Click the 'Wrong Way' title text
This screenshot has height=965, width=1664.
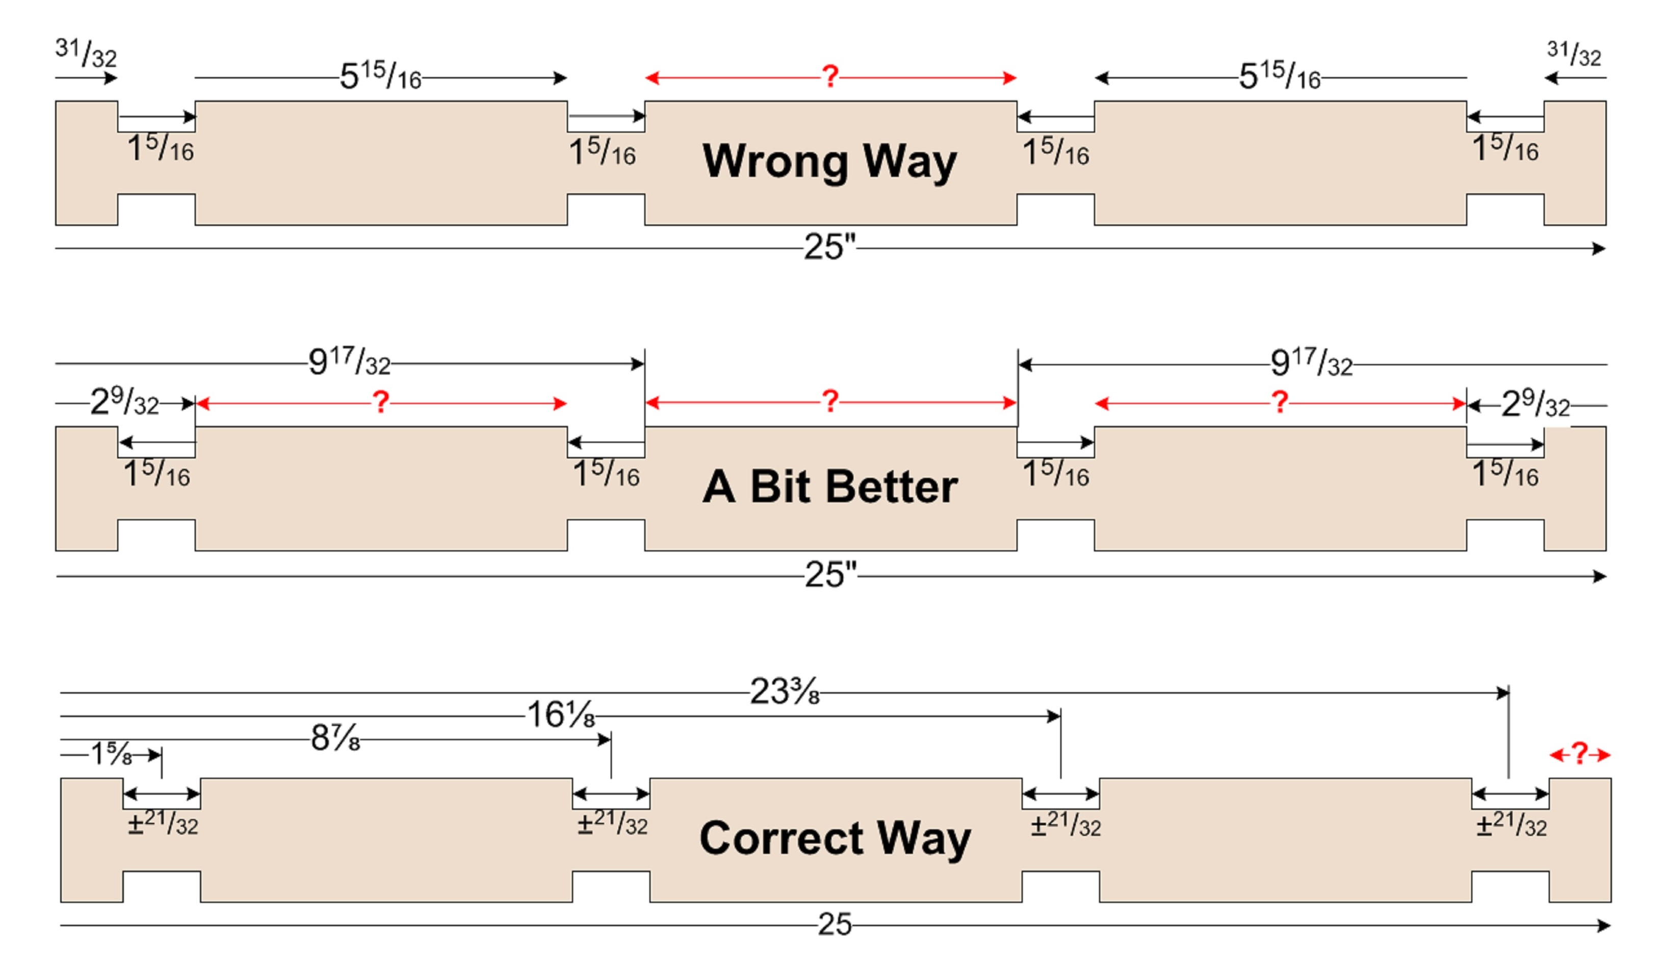(x=829, y=161)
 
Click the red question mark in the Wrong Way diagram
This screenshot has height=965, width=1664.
(x=830, y=77)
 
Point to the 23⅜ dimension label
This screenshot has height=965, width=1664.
(x=785, y=692)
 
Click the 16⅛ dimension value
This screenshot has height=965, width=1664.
(x=560, y=715)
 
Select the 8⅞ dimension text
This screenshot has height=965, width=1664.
(x=335, y=738)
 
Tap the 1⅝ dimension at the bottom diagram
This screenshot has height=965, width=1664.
(x=111, y=754)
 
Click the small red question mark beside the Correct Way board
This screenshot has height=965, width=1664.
(x=1579, y=754)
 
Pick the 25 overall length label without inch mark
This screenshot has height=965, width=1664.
(x=835, y=924)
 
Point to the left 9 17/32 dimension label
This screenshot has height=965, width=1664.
(x=349, y=362)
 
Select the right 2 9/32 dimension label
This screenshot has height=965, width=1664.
(x=1535, y=403)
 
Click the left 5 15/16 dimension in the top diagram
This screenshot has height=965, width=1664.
(x=380, y=76)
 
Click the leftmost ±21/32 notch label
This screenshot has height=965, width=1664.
(x=163, y=824)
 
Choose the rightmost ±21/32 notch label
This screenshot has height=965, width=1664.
(x=1511, y=825)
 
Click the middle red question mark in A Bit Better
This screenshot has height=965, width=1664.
(x=830, y=401)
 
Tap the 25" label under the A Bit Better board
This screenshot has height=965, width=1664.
(x=830, y=575)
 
